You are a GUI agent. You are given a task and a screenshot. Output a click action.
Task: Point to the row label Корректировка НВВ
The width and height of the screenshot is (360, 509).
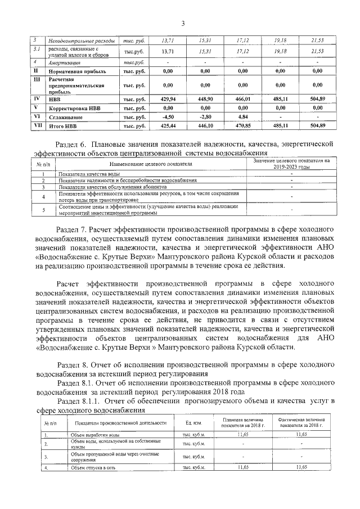[x=76, y=107]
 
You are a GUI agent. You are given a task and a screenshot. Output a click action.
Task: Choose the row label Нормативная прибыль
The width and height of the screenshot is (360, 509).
[x=75, y=71]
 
